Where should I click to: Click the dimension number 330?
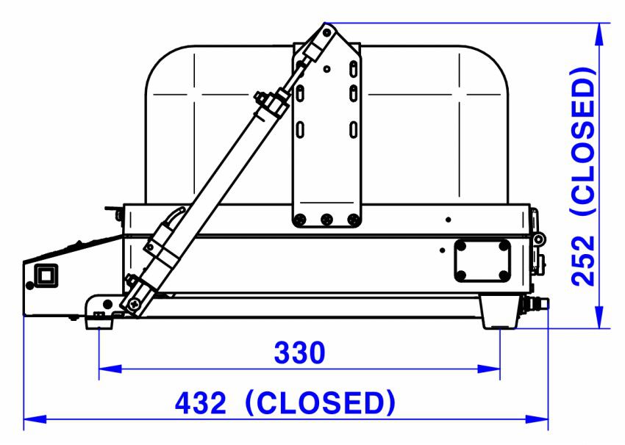[299, 352]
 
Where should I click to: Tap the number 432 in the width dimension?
[201, 403]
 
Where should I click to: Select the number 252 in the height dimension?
[583, 261]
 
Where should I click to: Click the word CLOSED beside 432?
[321, 403]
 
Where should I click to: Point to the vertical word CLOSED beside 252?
[583, 142]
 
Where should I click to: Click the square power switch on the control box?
[46, 275]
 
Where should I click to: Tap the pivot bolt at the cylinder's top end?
[326, 32]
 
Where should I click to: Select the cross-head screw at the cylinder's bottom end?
[135, 304]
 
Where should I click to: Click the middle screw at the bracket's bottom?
[326, 219]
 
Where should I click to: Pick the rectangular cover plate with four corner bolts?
[482, 261]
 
